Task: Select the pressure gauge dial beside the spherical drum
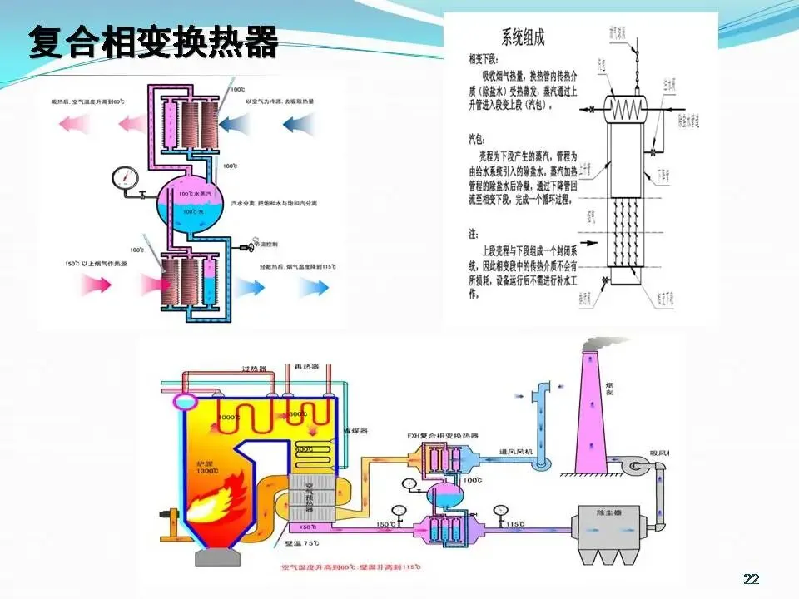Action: point(125,177)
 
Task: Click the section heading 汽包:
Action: point(479,140)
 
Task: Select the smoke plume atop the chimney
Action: point(605,344)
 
